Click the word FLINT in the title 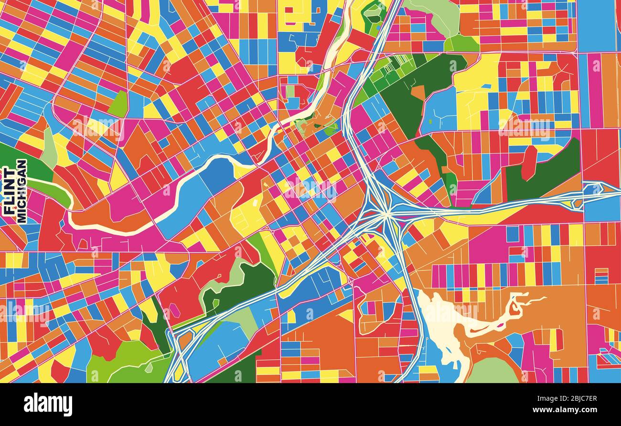pyautogui.click(x=9, y=190)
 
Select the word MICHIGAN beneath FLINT pyautogui.click(x=21, y=191)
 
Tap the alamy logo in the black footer pyautogui.click(x=48, y=405)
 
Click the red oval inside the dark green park pyautogui.click(x=528, y=162)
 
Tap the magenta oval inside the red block pyautogui.click(x=175, y=311)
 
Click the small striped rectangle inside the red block pyautogui.click(x=601, y=276)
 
